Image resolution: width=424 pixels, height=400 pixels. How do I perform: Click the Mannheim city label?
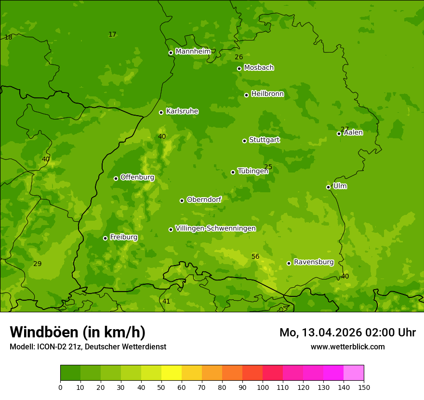pos(193,52)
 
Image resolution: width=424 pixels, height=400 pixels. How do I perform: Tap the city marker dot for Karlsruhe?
pos(161,112)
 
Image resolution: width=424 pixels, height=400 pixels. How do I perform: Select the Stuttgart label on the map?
pos(264,140)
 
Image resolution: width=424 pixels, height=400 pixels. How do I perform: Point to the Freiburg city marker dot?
pos(105,238)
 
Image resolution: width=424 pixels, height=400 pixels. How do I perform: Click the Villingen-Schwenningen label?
pos(215,228)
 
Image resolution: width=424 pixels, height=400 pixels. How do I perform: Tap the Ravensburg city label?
pos(313,262)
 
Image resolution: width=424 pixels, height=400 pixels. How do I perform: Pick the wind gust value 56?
pos(255,256)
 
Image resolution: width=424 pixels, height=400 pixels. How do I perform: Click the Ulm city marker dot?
pos(328,187)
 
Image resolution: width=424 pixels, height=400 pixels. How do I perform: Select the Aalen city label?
pos(353,133)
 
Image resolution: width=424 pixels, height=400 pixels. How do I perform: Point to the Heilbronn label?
pos(267,94)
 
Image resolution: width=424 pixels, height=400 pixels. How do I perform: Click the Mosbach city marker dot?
pos(239,68)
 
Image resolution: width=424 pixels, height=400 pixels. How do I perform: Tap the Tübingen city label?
pos(253,171)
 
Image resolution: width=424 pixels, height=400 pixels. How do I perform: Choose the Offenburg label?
pos(137,177)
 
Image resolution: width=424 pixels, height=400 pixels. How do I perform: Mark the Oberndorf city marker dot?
pos(182,200)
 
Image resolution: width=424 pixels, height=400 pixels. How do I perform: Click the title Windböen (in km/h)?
pos(78,332)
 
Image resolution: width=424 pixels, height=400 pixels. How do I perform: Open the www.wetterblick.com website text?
pos(347,347)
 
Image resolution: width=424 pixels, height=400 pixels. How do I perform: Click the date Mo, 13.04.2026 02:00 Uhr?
pos(347,333)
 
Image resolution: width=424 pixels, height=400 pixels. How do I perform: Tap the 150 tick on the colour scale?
pos(364,387)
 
